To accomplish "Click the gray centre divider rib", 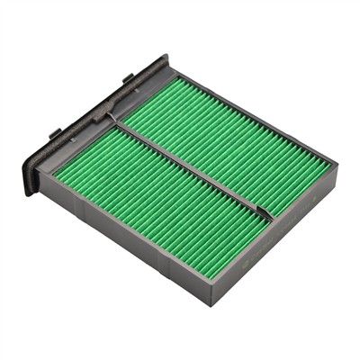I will pyautogui.click(x=193, y=167).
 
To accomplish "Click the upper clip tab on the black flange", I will pyautogui.click(x=128, y=78).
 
